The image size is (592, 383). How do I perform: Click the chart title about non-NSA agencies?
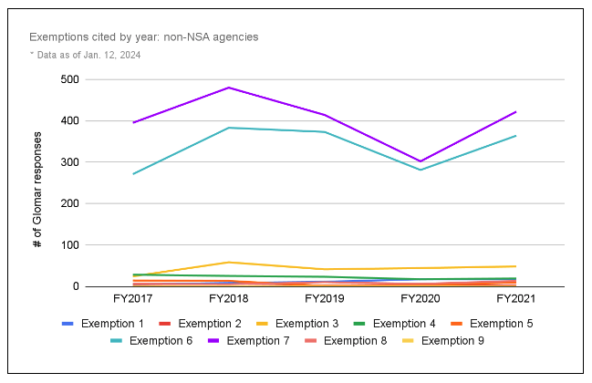click(x=143, y=37)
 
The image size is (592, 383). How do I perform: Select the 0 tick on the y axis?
click(x=74, y=286)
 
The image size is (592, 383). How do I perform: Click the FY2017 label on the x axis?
click(x=134, y=298)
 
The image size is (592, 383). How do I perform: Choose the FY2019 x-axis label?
click(x=326, y=298)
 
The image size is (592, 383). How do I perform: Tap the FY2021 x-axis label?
click(x=516, y=298)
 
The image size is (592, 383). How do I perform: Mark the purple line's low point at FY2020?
click(x=421, y=161)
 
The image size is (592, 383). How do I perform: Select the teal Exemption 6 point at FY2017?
click(x=134, y=173)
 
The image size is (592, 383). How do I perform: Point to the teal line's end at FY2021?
click(x=516, y=136)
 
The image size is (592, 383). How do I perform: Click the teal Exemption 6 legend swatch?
click(x=117, y=341)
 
